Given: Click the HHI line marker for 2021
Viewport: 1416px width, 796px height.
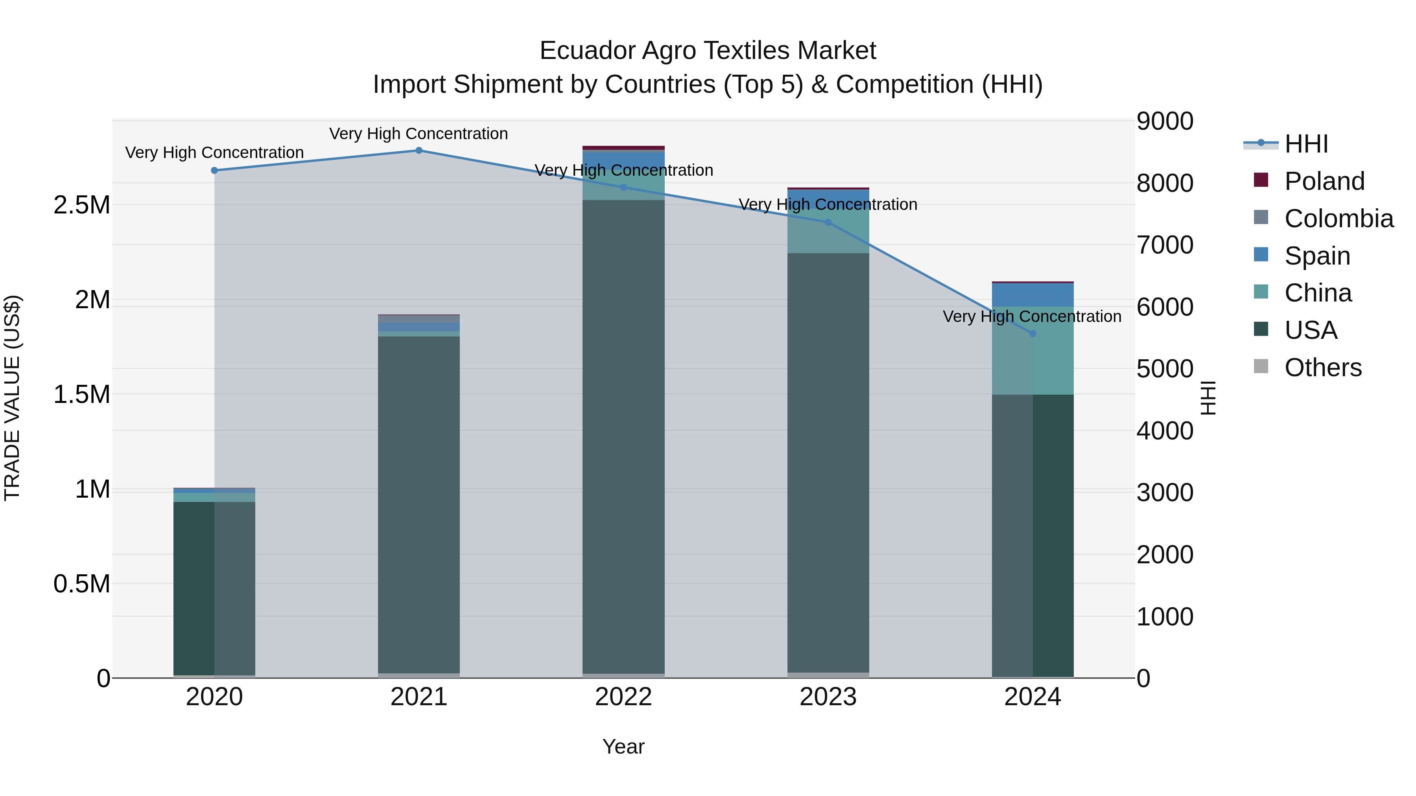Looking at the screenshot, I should tap(419, 151).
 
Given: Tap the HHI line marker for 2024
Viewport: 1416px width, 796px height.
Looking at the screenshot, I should tap(1032, 333).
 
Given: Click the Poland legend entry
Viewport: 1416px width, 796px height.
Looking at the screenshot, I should tap(1324, 181).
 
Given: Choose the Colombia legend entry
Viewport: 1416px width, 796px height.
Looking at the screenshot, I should tap(1339, 219).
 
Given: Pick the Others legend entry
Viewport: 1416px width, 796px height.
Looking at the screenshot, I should tap(1322, 368).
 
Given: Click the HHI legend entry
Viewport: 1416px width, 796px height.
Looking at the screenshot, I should tap(1306, 144).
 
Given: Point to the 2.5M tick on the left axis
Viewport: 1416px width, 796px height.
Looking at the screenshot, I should tap(82, 205).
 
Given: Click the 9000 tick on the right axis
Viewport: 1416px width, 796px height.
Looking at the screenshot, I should tap(1165, 121).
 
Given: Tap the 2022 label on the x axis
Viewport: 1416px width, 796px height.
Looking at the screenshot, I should tap(623, 697).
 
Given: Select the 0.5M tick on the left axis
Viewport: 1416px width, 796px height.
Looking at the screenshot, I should tap(82, 584).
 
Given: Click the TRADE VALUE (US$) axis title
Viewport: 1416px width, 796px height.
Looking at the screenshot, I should tap(12, 398).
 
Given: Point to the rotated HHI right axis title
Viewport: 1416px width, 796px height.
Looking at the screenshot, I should tap(1208, 398).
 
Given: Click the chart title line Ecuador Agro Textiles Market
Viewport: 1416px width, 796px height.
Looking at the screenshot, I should tap(708, 51).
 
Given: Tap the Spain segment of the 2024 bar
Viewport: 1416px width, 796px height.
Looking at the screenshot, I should tap(1032, 295).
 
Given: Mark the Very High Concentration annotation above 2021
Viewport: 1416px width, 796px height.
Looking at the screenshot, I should tap(419, 134).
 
